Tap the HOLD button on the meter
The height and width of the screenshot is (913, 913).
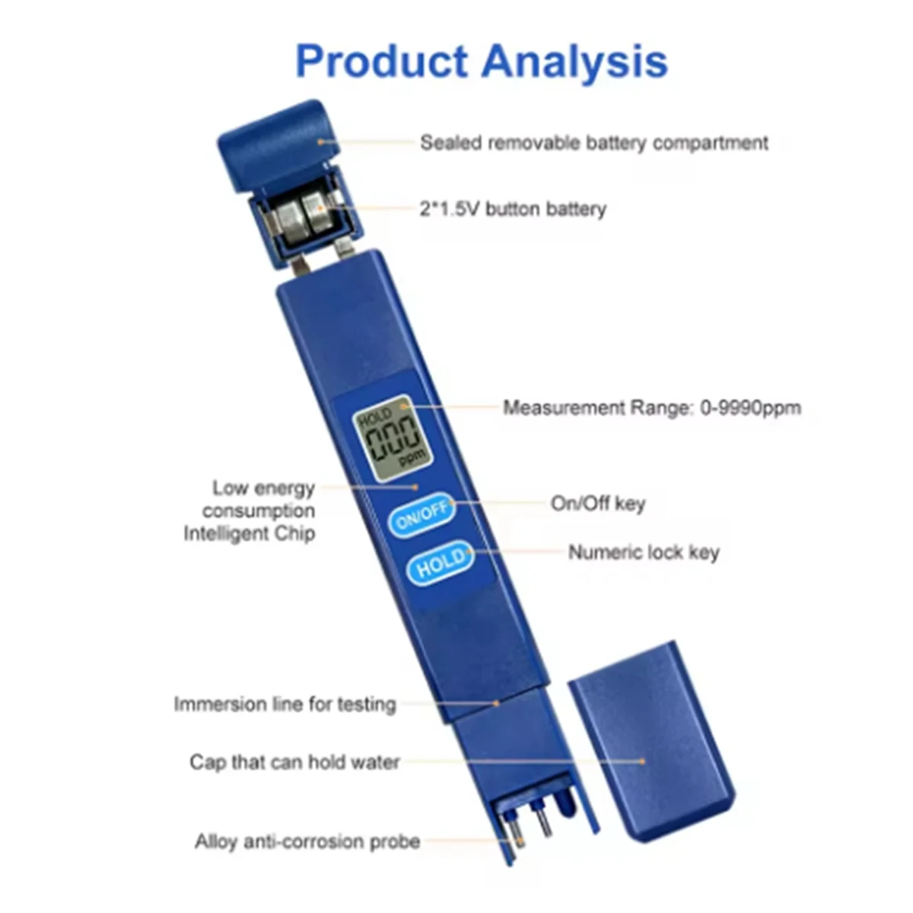click(440, 564)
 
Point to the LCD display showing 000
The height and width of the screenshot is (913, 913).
click(391, 440)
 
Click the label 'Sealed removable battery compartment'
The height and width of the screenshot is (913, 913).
click(594, 143)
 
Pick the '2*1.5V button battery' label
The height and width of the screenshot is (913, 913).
click(513, 208)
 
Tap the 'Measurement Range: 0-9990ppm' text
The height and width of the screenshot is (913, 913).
click(652, 408)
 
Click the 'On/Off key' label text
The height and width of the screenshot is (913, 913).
click(598, 504)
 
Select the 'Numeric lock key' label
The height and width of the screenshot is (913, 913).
click(644, 552)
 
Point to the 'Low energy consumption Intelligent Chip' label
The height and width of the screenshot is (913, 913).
click(250, 511)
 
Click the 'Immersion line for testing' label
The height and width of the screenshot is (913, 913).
click(285, 704)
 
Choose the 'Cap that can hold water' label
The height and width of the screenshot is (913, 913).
click(294, 762)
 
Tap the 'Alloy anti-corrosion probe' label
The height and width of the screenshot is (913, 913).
click(307, 841)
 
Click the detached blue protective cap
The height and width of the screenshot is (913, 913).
click(651, 742)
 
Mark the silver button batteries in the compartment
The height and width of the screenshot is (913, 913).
click(301, 216)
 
